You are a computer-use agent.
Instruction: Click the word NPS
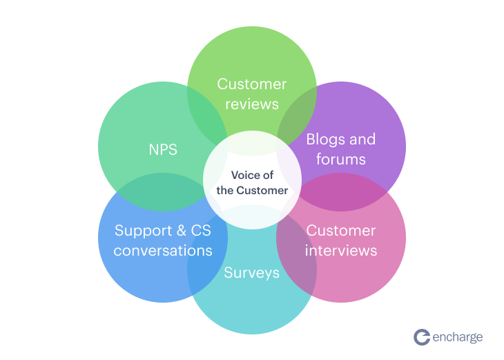click(x=163, y=150)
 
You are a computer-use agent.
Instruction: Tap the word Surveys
click(x=252, y=273)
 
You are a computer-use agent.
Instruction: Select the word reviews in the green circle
click(x=252, y=104)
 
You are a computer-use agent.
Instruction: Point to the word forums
click(x=341, y=159)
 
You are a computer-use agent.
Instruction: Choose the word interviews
click(x=341, y=250)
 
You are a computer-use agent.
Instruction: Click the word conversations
click(x=163, y=250)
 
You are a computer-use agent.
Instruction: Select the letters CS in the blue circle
click(x=201, y=231)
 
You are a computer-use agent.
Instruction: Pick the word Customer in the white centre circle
click(x=262, y=191)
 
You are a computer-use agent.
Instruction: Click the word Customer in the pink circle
click(x=341, y=231)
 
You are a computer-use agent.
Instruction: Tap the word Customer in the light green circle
click(x=252, y=84)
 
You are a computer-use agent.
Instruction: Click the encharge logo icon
click(x=422, y=337)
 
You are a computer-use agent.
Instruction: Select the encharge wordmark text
click(x=458, y=337)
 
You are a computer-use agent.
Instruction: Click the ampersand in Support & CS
click(x=182, y=231)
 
